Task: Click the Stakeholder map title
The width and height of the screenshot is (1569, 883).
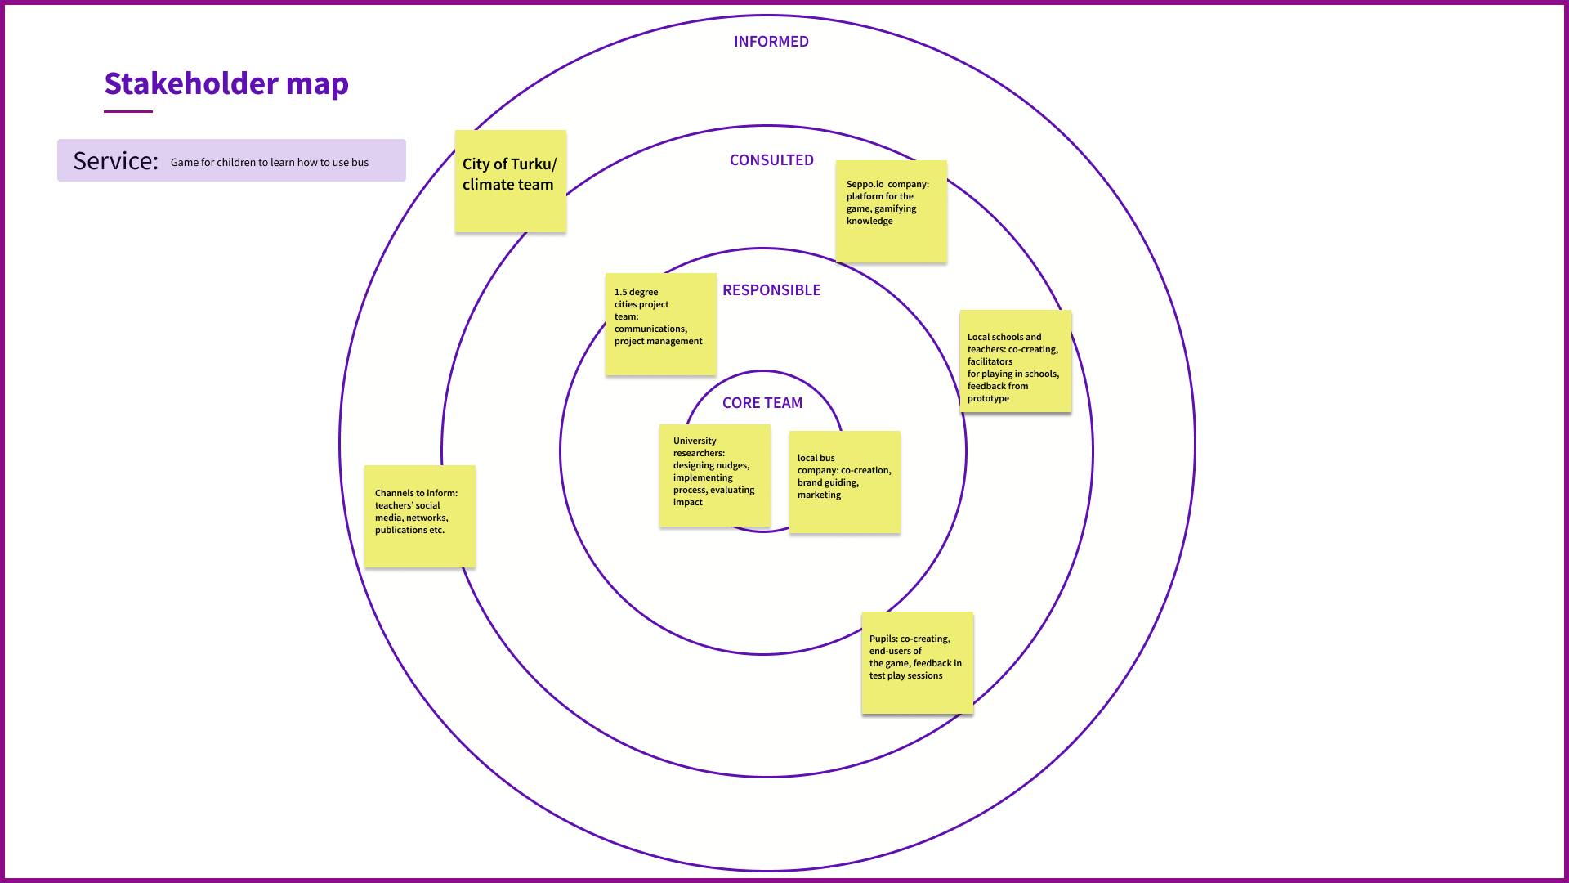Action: click(x=226, y=83)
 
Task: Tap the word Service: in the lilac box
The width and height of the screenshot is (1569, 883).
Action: click(x=115, y=161)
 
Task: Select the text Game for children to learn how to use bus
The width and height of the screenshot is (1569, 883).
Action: click(x=270, y=163)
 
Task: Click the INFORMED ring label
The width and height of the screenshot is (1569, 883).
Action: click(x=771, y=42)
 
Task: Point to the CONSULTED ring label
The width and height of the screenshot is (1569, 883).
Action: click(x=771, y=160)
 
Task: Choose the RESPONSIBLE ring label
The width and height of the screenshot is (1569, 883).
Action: click(x=771, y=290)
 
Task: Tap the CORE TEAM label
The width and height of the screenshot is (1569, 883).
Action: click(x=762, y=403)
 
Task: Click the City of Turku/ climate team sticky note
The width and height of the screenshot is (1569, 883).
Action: click(x=511, y=182)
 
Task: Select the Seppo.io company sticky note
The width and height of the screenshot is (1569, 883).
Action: click(x=892, y=212)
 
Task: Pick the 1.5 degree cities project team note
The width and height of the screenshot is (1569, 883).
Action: click(x=661, y=325)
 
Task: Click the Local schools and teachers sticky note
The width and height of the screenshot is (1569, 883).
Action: click(x=1016, y=361)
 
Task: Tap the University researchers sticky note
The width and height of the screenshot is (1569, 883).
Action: click(x=715, y=476)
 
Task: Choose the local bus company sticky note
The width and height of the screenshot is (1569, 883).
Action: click(x=845, y=482)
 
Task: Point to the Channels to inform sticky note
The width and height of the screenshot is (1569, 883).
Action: click(x=420, y=517)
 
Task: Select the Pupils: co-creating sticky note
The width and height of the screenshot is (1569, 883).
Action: click(x=918, y=663)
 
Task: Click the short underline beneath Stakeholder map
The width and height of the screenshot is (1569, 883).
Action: click(x=128, y=111)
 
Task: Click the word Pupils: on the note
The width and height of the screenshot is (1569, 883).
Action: click(x=883, y=639)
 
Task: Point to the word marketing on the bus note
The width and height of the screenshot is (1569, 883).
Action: click(x=819, y=495)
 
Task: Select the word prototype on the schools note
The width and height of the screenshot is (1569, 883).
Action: click(x=988, y=399)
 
